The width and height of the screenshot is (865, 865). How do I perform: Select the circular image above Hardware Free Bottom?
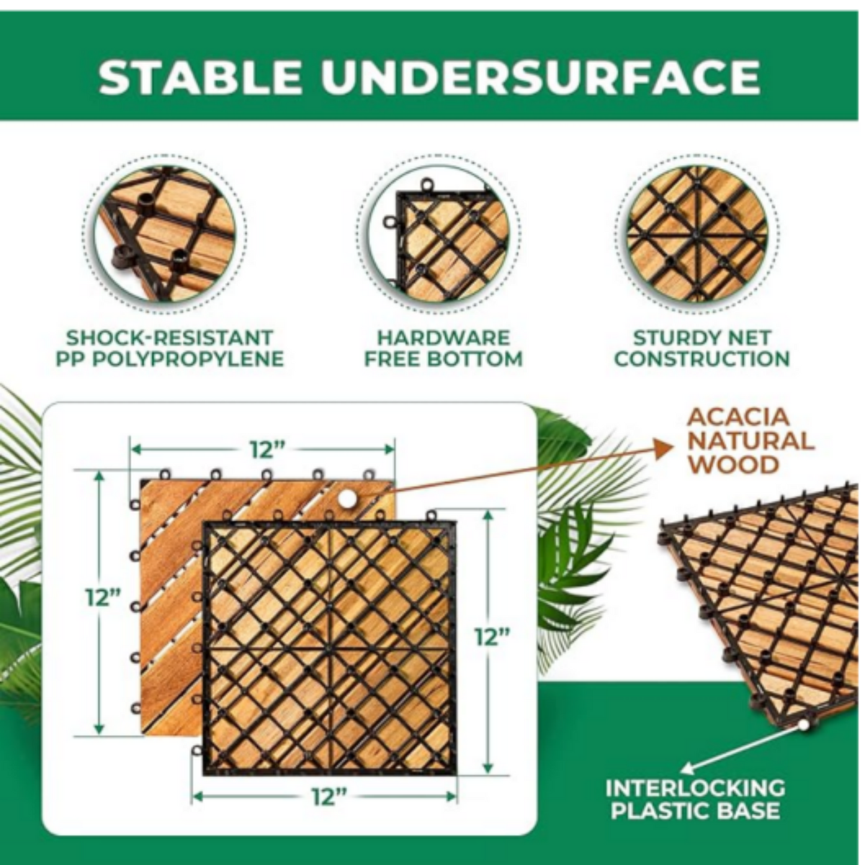click(441, 233)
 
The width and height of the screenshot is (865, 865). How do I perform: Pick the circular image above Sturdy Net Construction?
click(697, 233)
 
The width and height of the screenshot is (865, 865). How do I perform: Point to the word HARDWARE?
click(443, 338)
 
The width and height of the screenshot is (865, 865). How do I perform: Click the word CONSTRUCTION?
click(702, 360)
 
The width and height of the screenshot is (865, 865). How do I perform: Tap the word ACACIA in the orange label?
click(739, 417)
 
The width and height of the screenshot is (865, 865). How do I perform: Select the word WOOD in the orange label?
click(733, 465)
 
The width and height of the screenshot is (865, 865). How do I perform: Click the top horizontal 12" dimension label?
click(262, 450)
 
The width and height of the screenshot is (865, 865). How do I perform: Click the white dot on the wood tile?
click(347, 497)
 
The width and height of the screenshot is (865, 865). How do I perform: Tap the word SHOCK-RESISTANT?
click(170, 338)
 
